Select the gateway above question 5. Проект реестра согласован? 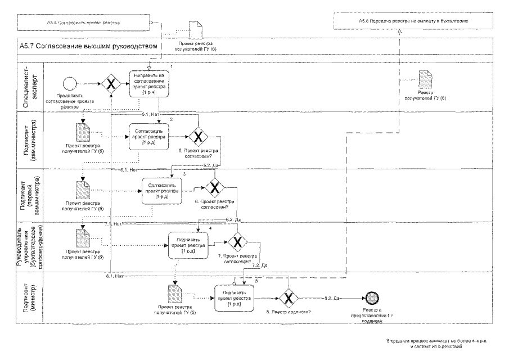coord(199,136)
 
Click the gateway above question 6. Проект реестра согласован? coord(214,187)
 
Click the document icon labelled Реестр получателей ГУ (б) coord(427,82)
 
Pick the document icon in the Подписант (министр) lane coord(174,295)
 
